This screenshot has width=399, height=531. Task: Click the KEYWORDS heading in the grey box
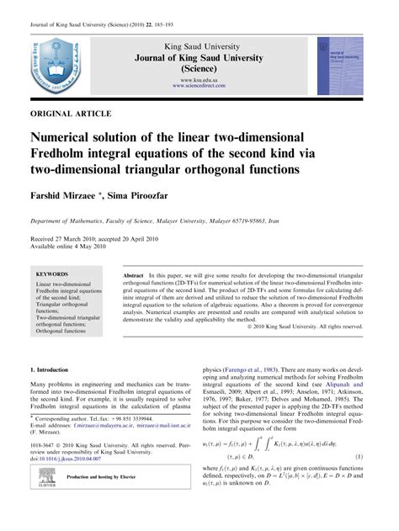(53, 274)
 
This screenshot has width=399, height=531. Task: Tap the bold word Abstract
(133, 275)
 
